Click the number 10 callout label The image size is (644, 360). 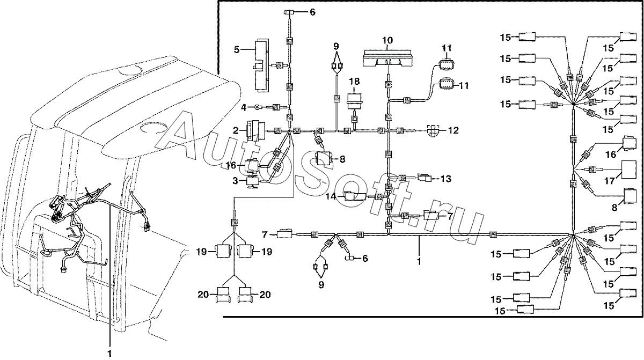tap(387, 40)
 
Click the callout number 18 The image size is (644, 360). tap(354, 82)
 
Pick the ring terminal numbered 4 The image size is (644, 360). tap(258, 107)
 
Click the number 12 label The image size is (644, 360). tap(453, 130)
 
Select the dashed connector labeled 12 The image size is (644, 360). tap(433, 131)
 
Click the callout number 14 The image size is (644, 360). tap(331, 197)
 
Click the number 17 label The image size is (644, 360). tap(610, 181)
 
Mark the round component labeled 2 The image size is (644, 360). tap(254, 131)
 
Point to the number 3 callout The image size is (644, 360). tap(235, 181)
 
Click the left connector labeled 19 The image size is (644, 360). tap(223, 251)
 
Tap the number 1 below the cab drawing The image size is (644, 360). tap(109, 353)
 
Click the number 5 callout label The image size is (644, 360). tap(236, 50)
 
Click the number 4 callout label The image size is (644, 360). tap(244, 108)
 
